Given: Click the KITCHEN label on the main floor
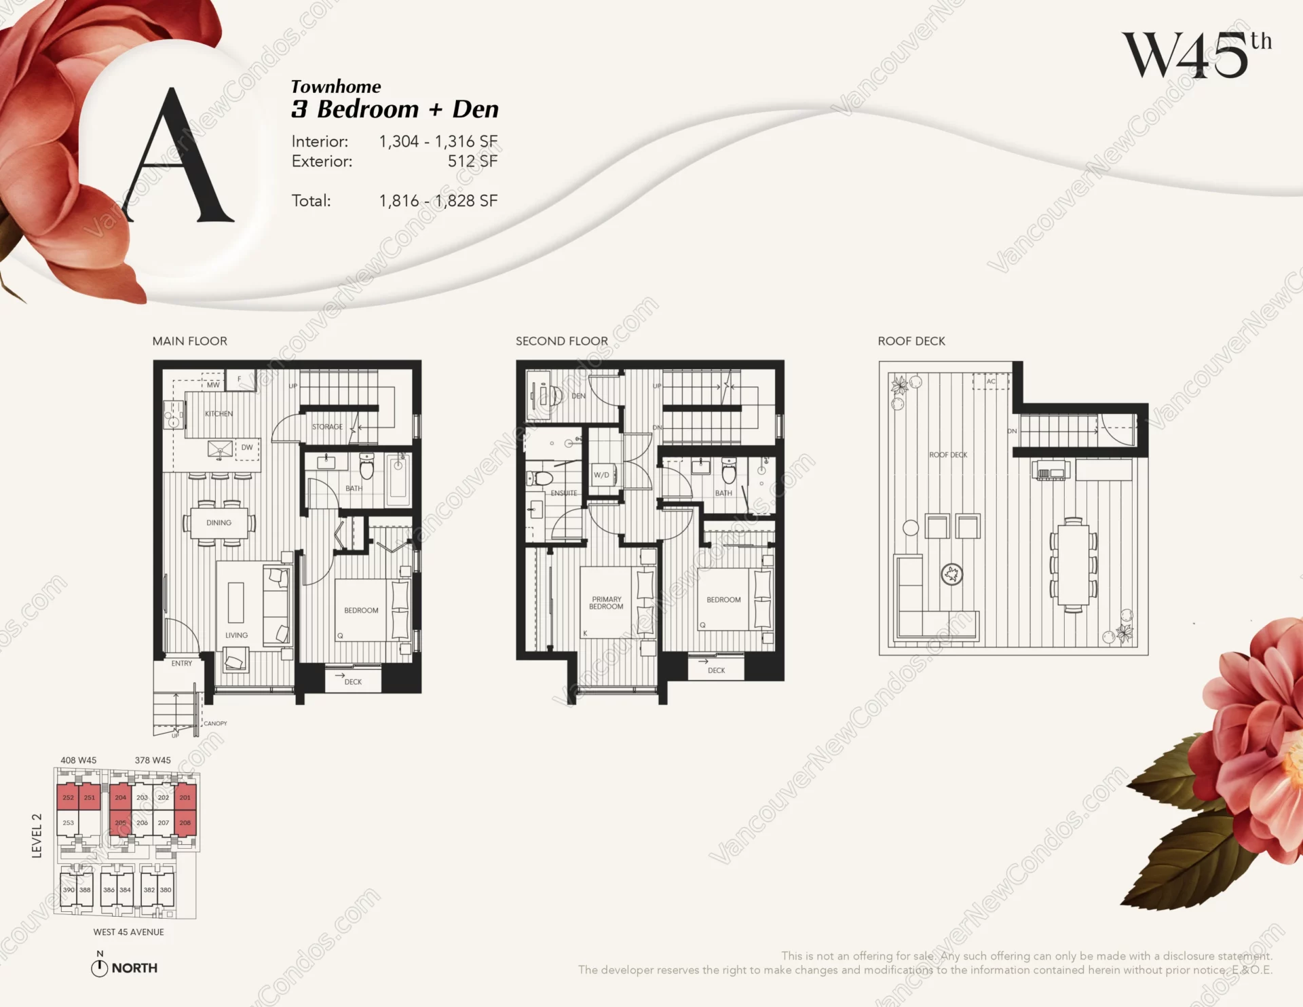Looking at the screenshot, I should (219, 413).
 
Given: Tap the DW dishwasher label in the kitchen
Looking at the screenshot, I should (247, 447).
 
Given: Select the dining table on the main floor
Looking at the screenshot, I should (219, 522).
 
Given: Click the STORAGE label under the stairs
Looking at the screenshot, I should (327, 427).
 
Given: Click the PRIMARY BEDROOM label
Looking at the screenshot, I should (606, 603).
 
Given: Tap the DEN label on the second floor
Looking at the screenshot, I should (578, 396).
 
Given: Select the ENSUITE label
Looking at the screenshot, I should (564, 493).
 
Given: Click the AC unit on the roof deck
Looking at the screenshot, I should (991, 381).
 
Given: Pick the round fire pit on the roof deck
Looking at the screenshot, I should (951, 575).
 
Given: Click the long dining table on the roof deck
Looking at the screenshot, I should (1073, 565).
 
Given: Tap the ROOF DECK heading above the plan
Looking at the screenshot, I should (911, 341).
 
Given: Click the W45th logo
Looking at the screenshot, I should (1196, 55).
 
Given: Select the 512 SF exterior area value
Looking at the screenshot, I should (472, 161).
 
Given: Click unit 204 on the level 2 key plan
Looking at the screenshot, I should (120, 797).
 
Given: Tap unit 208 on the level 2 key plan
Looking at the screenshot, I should (185, 822).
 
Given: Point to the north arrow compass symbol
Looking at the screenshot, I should (99, 968).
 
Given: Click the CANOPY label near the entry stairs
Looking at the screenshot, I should (215, 723).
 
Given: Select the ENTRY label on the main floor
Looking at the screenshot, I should (181, 663).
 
